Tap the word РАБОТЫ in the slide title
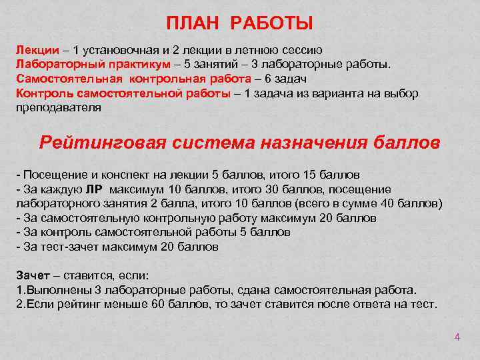pyautogui.click(x=272, y=25)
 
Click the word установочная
pyautogui.click(x=122, y=51)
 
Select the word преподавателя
pyautogui.click(x=59, y=107)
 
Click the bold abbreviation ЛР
pyautogui.click(x=95, y=189)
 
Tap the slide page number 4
pyautogui.click(x=457, y=337)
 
